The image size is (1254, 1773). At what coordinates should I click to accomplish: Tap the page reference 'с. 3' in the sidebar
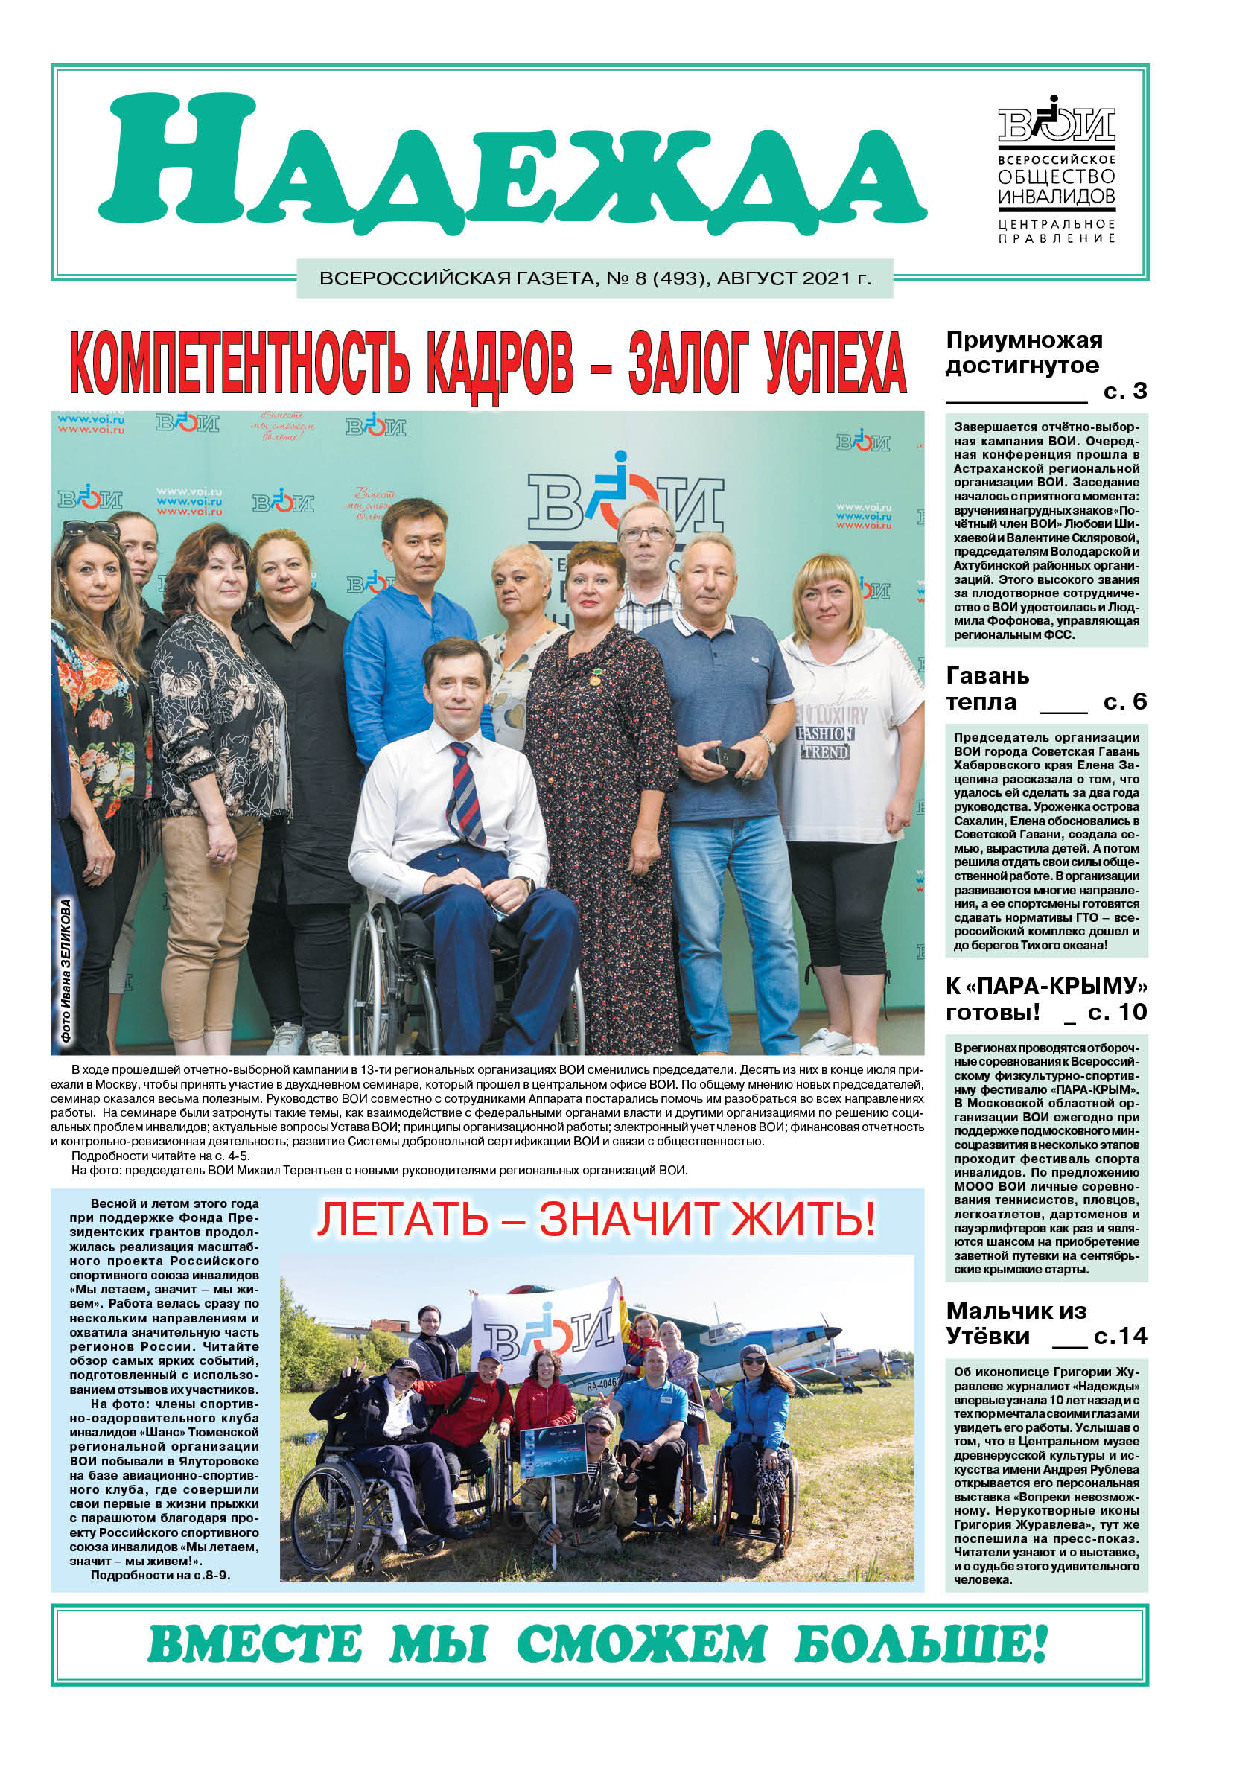[1124, 392]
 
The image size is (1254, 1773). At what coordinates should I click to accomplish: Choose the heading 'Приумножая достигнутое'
[1023, 353]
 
